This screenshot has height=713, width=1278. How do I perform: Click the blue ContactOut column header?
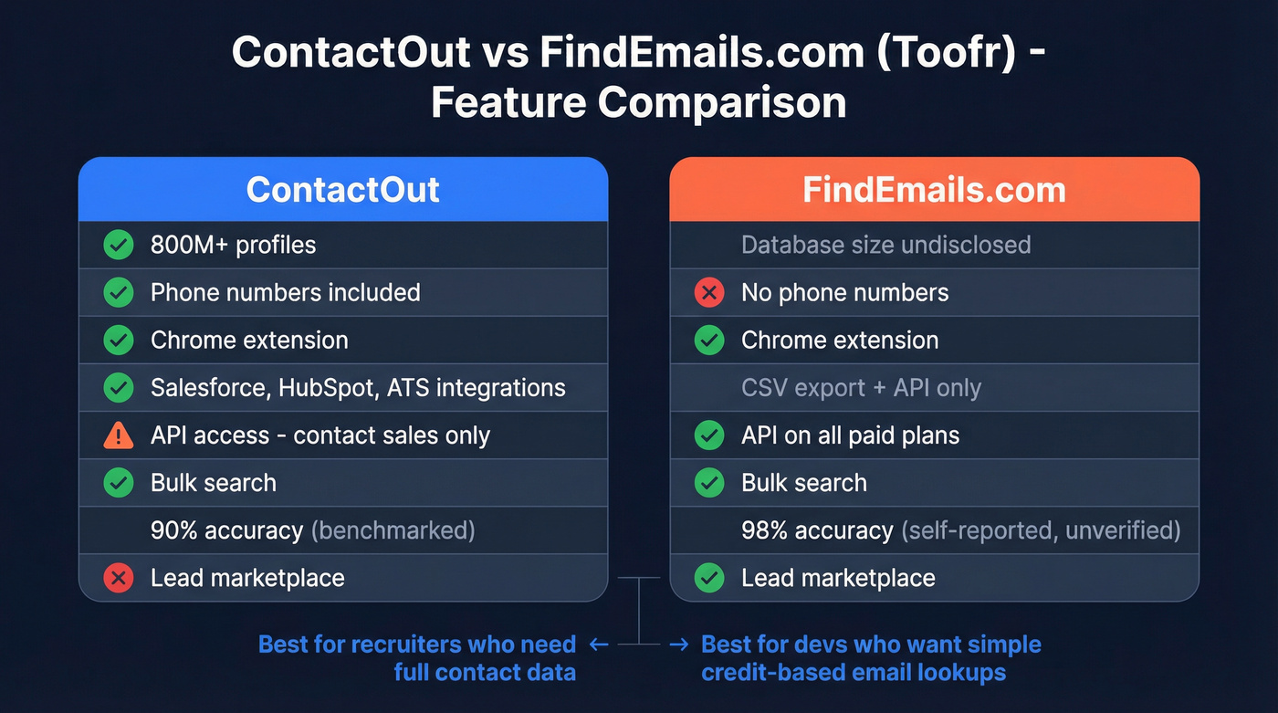click(x=343, y=190)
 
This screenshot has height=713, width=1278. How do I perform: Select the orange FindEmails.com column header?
click(x=934, y=190)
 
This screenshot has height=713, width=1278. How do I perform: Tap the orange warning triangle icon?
click(x=119, y=435)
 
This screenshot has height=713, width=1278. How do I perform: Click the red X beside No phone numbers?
click(x=709, y=292)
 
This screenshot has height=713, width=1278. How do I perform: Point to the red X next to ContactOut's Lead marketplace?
click(x=119, y=578)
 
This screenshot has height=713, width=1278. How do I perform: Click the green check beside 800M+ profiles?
click(x=119, y=245)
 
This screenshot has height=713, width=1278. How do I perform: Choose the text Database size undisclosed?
click(x=885, y=245)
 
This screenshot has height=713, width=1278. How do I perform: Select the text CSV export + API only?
click(x=861, y=388)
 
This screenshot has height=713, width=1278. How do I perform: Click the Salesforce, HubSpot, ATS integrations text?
click(x=358, y=388)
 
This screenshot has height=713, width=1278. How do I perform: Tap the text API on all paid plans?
click(x=850, y=435)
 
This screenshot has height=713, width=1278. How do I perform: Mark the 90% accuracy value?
click(x=226, y=530)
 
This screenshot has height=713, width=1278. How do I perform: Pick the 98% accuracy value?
click(x=817, y=530)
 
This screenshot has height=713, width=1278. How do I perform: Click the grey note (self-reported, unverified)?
click(x=1041, y=530)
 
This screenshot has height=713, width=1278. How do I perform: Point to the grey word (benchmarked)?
click(x=393, y=530)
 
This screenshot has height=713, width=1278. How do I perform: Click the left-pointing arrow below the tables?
click(x=599, y=645)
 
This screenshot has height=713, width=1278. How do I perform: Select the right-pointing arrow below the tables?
click(x=678, y=645)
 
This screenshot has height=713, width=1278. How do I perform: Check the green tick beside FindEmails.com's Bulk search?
click(x=709, y=483)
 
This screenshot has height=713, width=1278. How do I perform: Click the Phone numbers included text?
click(x=285, y=292)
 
